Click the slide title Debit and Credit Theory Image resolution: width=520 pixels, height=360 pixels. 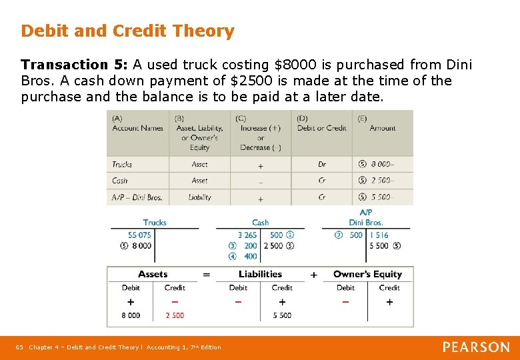point(127,31)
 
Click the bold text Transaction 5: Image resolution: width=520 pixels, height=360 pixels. point(74,65)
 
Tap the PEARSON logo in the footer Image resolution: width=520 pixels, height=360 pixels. point(476,347)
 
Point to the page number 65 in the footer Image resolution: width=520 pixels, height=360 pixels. point(20,347)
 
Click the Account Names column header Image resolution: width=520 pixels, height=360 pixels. point(137,128)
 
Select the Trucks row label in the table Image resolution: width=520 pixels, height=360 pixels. point(122,165)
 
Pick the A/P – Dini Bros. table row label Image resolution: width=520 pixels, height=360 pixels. point(137,197)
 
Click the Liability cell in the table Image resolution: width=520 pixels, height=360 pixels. point(199,197)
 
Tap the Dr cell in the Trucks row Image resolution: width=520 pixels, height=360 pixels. point(322,165)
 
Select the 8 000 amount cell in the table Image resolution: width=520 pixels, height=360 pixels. point(383,165)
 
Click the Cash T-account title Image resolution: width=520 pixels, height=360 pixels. point(260,223)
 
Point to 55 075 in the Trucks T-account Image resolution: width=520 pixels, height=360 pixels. point(139,235)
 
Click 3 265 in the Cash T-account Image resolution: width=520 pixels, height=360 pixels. point(247,235)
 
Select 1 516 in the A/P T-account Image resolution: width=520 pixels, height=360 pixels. point(379,235)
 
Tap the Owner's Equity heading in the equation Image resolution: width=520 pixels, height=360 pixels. point(367,274)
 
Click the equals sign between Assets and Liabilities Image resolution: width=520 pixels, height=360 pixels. point(207,275)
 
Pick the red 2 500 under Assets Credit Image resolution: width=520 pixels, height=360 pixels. point(175,315)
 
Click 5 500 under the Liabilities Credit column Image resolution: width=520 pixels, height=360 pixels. point(282,315)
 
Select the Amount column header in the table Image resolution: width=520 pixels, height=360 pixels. point(383,128)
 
